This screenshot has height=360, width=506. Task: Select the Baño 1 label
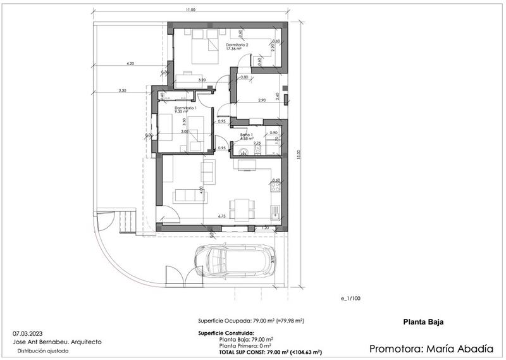(x=247, y=135)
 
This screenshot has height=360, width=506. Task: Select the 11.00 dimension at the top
(x=191, y=10)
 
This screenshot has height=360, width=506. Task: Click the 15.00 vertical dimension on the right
(x=298, y=155)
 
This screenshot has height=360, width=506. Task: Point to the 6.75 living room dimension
(x=222, y=217)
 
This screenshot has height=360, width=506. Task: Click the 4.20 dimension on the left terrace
(x=130, y=64)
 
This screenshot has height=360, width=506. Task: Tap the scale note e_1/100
(x=349, y=298)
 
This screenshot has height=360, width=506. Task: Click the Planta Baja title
(x=423, y=322)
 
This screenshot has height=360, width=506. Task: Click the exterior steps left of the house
(x=128, y=222)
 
